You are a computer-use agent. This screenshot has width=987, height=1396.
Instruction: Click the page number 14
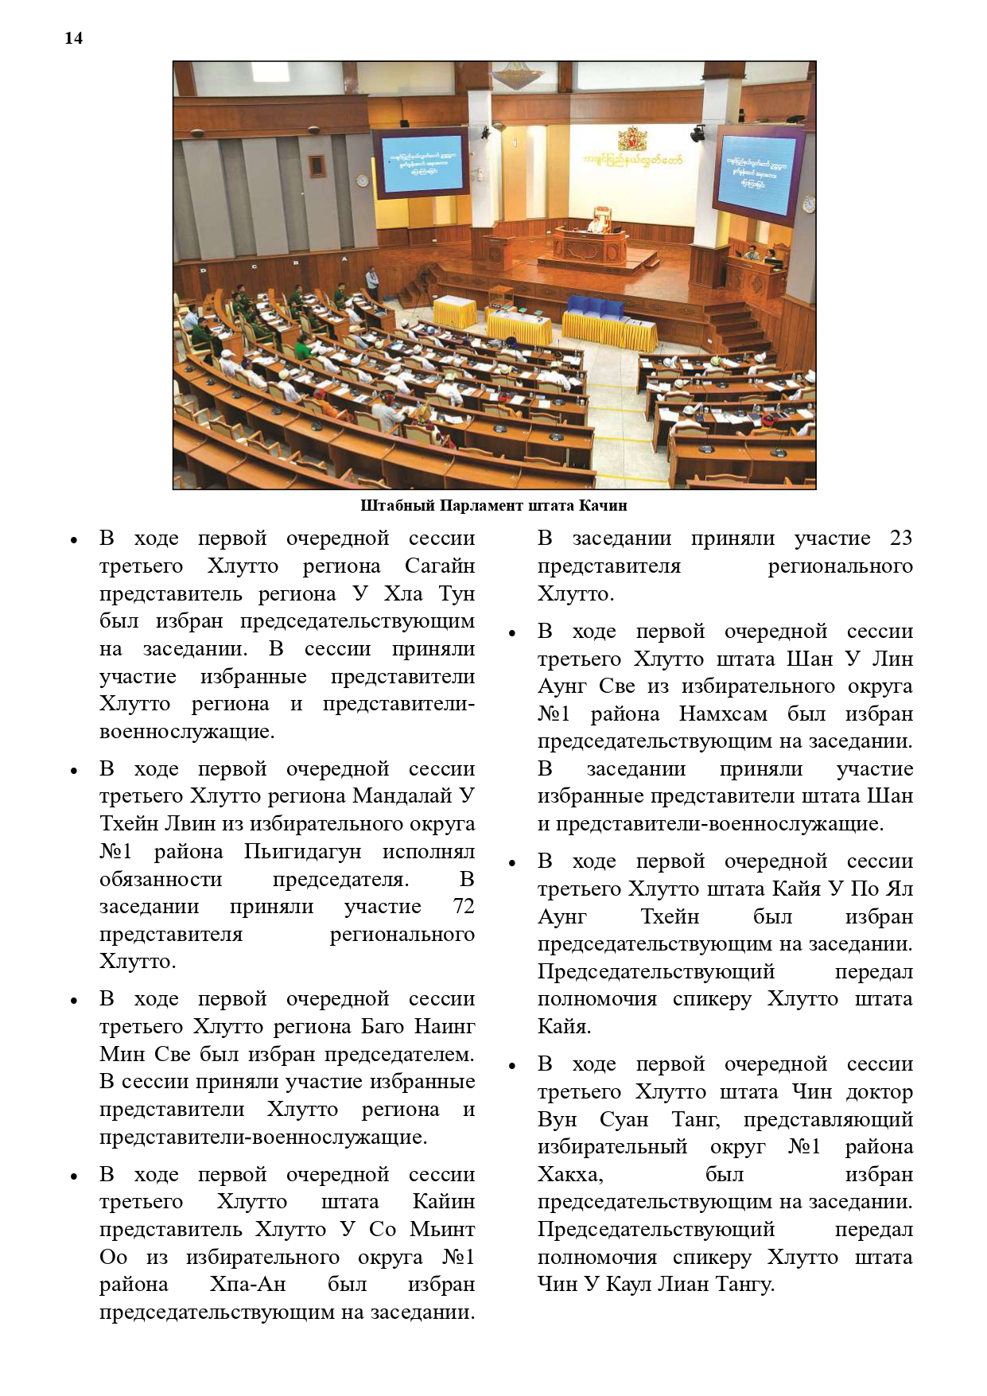(x=73, y=38)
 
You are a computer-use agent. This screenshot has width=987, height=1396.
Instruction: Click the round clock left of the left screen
(x=363, y=181)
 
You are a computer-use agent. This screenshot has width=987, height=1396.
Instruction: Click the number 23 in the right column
(x=900, y=539)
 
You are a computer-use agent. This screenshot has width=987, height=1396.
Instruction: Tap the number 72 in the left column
(x=463, y=907)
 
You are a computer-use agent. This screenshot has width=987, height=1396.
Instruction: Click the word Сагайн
(x=439, y=566)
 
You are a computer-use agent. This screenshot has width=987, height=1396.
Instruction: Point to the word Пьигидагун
(x=302, y=852)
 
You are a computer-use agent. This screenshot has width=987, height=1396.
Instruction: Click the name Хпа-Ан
(x=247, y=1285)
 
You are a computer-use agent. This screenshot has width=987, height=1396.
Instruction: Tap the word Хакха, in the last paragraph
(x=569, y=1175)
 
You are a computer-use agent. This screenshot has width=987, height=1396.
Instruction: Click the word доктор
(x=879, y=1092)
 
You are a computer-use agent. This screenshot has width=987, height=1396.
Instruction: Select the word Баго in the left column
(x=382, y=1027)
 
